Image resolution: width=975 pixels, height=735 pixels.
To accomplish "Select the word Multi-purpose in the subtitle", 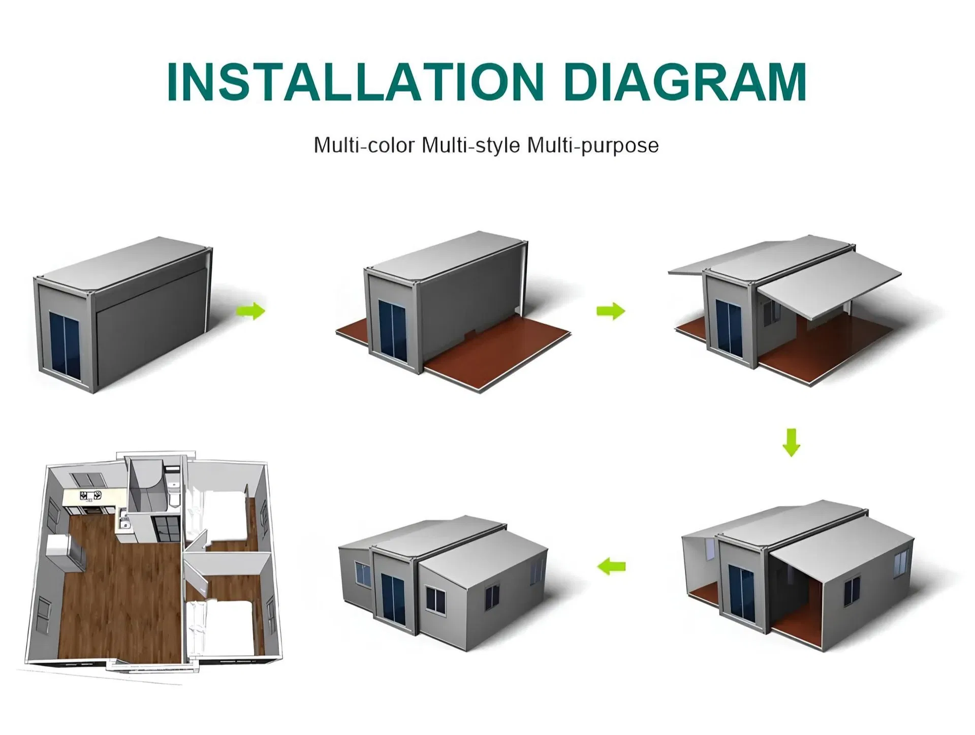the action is click(593, 146).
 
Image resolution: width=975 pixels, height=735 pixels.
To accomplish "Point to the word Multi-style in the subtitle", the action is click(471, 146).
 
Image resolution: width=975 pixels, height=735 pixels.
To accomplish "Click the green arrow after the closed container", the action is click(251, 311).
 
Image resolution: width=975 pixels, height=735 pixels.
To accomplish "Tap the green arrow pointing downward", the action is click(791, 442).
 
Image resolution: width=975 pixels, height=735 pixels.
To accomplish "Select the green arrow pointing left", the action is click(611, 566).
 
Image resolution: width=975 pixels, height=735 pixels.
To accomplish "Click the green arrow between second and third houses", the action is click(611, 311).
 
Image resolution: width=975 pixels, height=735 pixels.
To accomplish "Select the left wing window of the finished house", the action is click(363, 574).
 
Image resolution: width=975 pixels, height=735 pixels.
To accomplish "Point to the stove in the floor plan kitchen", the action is click(90, 495).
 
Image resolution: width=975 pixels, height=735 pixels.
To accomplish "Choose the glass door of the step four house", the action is click(742, 592).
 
